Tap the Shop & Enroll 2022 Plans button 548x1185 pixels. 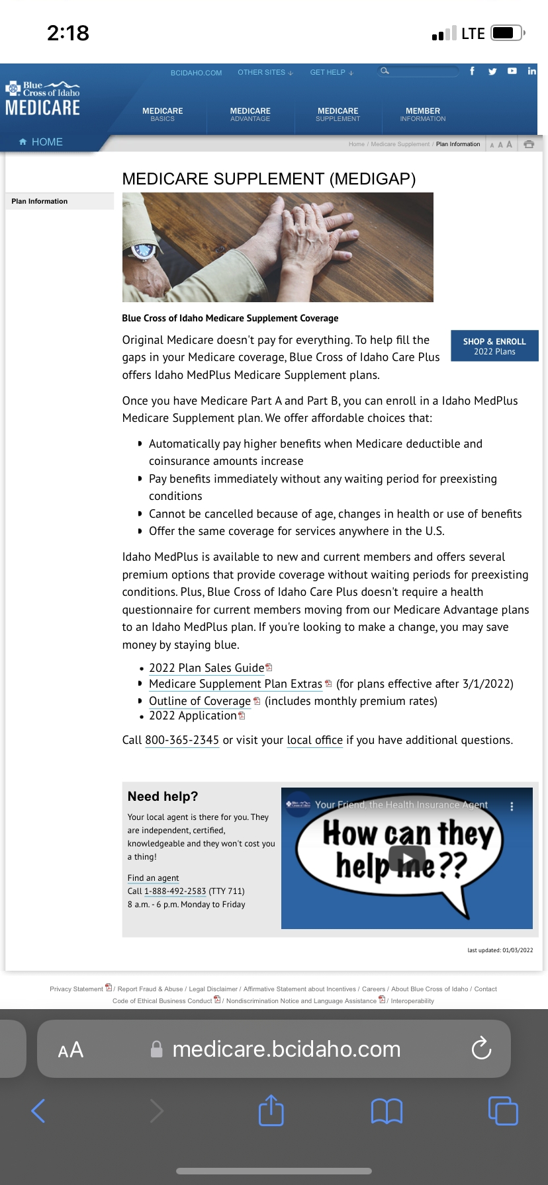494,346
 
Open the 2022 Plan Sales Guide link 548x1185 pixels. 206,668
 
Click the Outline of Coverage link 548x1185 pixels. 199,701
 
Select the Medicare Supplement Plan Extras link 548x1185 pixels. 235,684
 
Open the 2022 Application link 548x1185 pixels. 193,715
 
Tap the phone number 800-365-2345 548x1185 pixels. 182,740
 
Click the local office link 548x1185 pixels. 314,740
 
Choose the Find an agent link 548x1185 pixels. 153,878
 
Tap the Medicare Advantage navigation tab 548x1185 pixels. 250,114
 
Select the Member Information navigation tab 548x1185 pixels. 422,114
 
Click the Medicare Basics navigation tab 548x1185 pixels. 162,114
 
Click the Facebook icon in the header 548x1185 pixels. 472,71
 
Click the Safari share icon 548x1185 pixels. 271,1110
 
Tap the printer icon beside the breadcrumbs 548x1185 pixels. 529,144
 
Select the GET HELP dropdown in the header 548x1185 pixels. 332,73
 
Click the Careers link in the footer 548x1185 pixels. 373,989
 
